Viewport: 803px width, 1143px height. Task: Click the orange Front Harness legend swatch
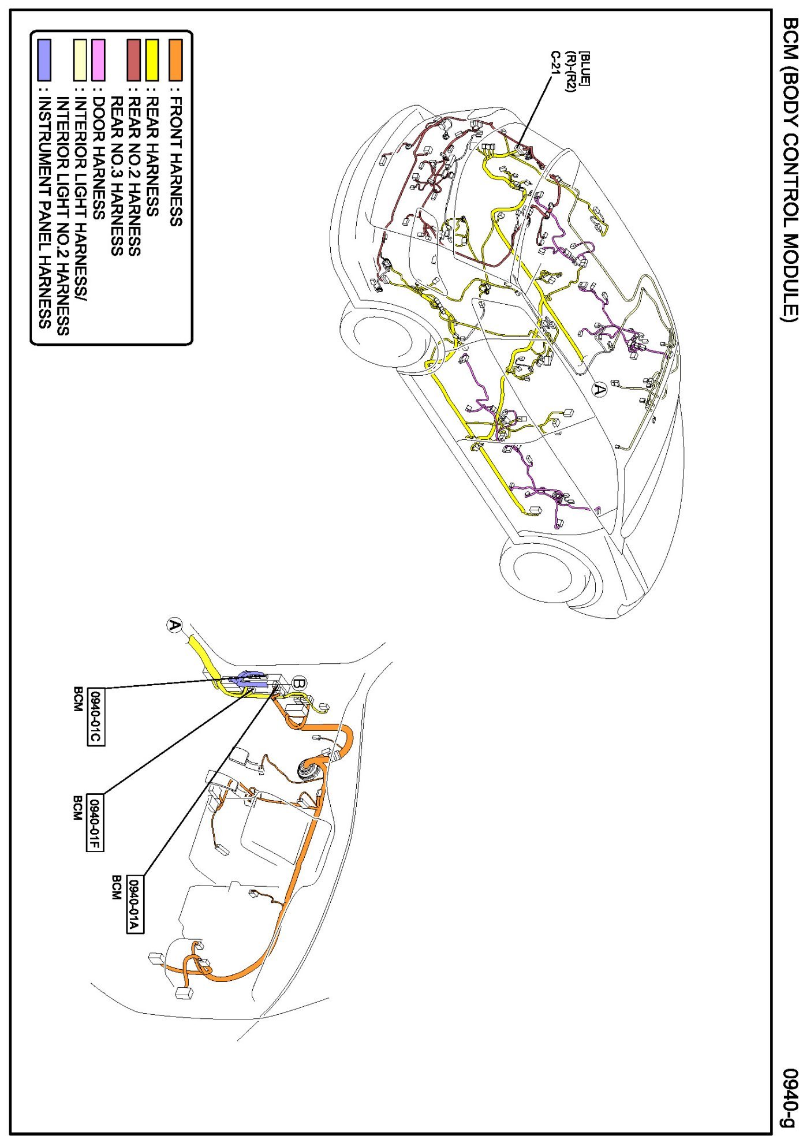175,59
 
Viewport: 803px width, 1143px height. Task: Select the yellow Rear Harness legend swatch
152,59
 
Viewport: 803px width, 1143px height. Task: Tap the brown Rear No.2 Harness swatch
134,59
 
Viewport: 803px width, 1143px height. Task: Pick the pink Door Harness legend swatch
98,59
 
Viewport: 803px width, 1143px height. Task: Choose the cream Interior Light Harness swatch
80,59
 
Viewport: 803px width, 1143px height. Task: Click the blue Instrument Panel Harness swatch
44,59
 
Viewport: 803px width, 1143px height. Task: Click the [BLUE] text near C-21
585,68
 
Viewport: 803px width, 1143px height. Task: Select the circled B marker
298,683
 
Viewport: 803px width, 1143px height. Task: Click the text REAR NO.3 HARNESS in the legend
117,176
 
